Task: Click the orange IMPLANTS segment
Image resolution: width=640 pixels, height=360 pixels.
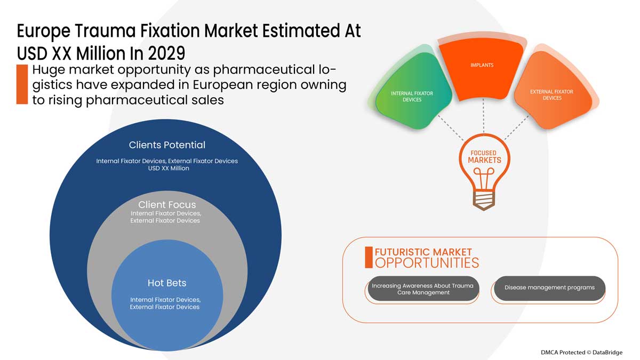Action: click(x=482, y=69)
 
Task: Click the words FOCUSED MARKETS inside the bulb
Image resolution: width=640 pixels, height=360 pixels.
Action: click(x=484, y=157)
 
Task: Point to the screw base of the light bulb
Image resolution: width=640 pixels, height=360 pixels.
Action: click(x=484, y=201)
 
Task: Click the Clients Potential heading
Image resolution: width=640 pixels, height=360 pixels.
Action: click(x=167, y=145)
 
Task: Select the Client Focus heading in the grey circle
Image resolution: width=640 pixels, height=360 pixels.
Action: click(x=167, y=205)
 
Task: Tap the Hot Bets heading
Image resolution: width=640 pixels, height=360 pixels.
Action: click(x=167, y=283)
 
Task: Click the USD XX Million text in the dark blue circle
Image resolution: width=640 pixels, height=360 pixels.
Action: click(x=169, y=169)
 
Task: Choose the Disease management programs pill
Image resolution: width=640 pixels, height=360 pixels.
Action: click(x=549, y=288)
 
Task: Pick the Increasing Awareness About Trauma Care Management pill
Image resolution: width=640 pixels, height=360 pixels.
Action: click(x=423, y=289)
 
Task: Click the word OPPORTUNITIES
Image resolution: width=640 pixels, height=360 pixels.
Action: click(x=427, y=263)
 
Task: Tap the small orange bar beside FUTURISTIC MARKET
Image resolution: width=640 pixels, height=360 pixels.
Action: click(x=369, y=258)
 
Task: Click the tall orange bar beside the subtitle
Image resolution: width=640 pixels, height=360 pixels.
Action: click(x=22, y=84)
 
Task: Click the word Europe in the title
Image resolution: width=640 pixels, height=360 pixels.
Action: click(x=43, y=31)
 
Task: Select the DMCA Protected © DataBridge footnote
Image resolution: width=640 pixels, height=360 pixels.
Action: click(x=581, y=353)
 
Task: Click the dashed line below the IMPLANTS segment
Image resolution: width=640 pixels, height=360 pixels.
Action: click(x=483, y=116)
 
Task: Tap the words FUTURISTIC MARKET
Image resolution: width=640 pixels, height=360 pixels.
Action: click(x=423, y=252)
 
